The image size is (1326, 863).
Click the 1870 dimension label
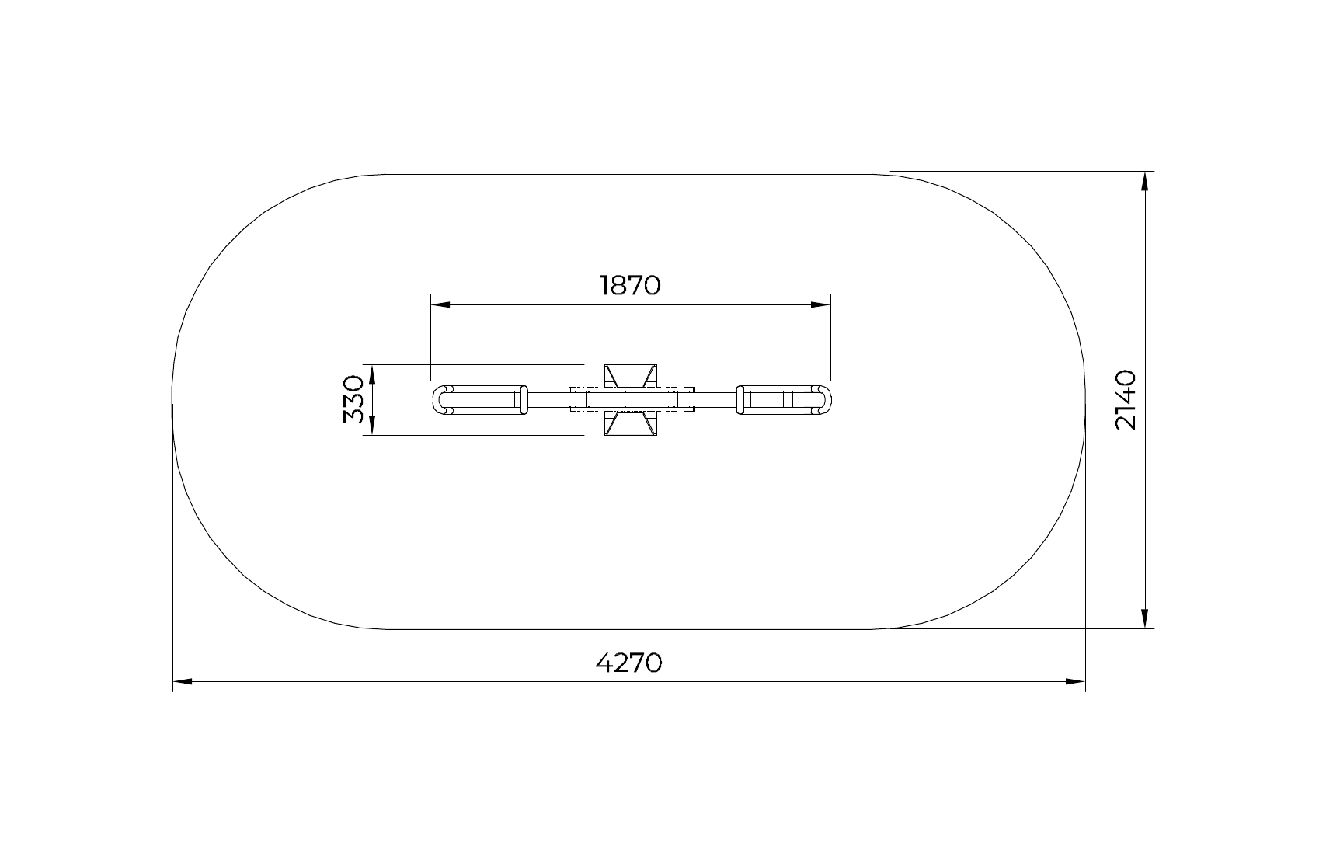(x=630, y=285)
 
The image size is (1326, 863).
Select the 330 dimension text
(x=353, y=399)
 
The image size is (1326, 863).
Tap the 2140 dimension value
(x=1126, y=399)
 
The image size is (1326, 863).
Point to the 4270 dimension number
(x=628, y=663)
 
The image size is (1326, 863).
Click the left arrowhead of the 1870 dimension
(x=440, y=304)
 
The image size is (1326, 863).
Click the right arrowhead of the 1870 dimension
(x=820, y=304)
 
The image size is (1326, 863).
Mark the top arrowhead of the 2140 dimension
(x=1144, y=181)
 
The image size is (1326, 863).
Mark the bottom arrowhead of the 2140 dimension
(x=1144, y=618)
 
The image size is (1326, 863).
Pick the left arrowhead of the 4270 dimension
(x=183, y=681)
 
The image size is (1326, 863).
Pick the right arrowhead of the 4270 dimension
(x=1075, y=681)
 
